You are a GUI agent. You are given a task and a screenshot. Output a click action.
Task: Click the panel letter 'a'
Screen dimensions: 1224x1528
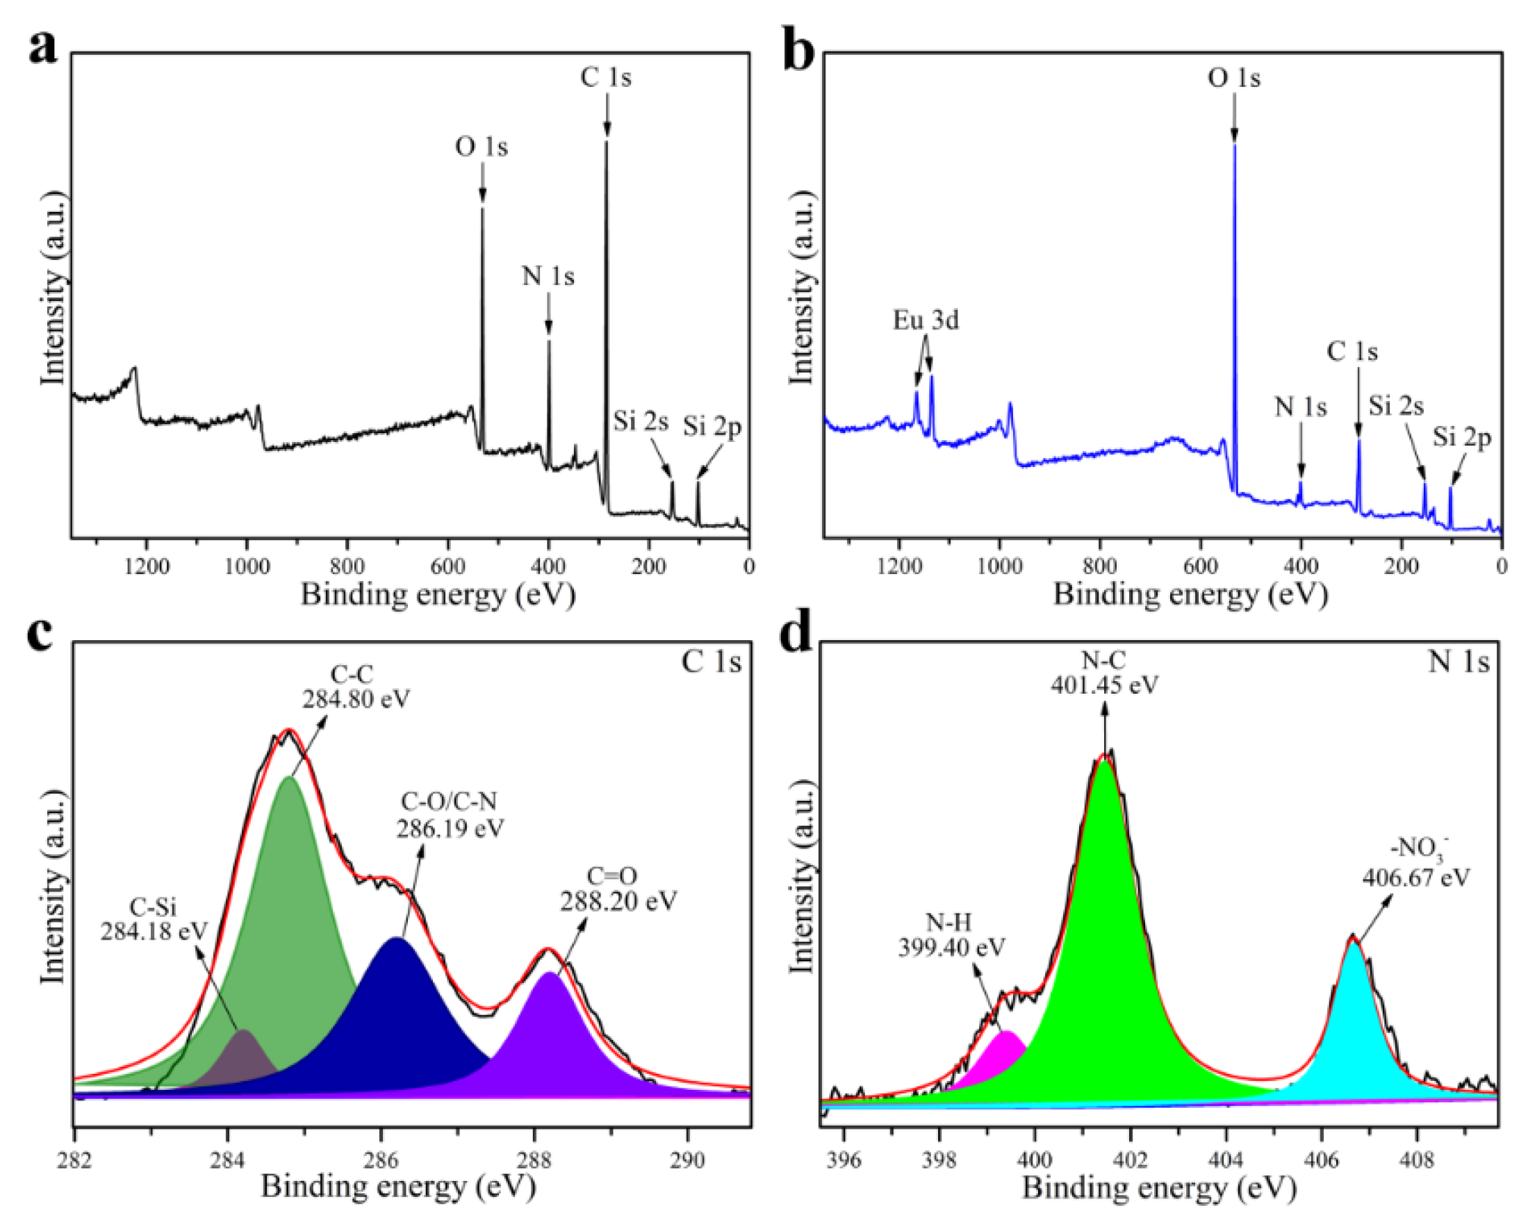point(44,48)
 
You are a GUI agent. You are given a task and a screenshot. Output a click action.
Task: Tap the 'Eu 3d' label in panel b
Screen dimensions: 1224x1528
point(926,320)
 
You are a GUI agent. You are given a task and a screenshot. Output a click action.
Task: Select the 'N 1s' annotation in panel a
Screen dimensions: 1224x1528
point(548,276)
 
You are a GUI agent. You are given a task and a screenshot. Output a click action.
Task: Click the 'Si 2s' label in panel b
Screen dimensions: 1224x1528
point(1395,405)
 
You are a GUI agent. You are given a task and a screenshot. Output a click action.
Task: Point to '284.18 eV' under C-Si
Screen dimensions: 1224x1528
point(154,931)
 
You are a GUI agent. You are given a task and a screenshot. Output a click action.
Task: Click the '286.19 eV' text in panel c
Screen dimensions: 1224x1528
point(450,828)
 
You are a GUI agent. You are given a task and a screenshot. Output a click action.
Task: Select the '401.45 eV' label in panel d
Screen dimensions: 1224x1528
point(1104,685)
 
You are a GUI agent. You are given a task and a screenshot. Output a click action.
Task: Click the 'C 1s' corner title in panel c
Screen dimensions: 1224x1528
point(711,662)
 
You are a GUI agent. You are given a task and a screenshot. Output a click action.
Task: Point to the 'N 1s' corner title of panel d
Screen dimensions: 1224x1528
point(1459,662)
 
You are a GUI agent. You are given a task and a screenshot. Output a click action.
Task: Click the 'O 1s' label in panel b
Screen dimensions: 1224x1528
point(1234,78)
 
